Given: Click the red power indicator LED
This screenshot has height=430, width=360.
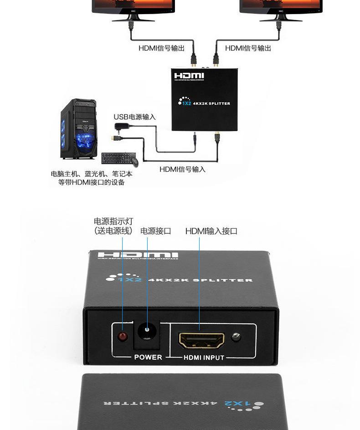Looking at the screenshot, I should [x=122, y=337].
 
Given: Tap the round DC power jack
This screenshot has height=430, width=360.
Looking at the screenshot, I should [x=147, y=330].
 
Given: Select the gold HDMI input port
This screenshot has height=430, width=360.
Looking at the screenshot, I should [x=201, y=339].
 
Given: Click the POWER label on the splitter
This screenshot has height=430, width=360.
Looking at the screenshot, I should [x=148, y=357].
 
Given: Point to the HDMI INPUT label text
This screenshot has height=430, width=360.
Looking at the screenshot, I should [x=204, y=358].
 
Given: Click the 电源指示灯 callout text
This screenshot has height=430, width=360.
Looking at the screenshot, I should [x=113, y=221].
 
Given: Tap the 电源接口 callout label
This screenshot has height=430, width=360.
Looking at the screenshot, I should [x=155, y=231].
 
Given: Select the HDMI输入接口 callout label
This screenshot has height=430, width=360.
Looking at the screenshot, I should [x=211, y=231].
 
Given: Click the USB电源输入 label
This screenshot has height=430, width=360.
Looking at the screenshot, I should [x=134, y=117].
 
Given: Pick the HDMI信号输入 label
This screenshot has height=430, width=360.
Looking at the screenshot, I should [x=182, y=169].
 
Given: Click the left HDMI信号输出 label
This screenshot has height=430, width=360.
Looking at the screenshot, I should [x=161, y=48].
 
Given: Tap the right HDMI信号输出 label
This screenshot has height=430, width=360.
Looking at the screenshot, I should [x=248, y=48].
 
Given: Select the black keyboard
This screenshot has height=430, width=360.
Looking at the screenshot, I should [x=116, y=158].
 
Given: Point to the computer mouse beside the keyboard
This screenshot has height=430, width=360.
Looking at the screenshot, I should [x=135, y=161].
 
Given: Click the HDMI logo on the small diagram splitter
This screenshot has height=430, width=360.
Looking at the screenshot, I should [x=189, y=76].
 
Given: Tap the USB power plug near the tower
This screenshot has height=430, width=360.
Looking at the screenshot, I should [x=121, y=127].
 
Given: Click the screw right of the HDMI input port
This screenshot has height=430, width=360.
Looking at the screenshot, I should [x=235, y=338].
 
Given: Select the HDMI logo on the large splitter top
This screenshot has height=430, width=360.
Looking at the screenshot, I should [x=138, y=256].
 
